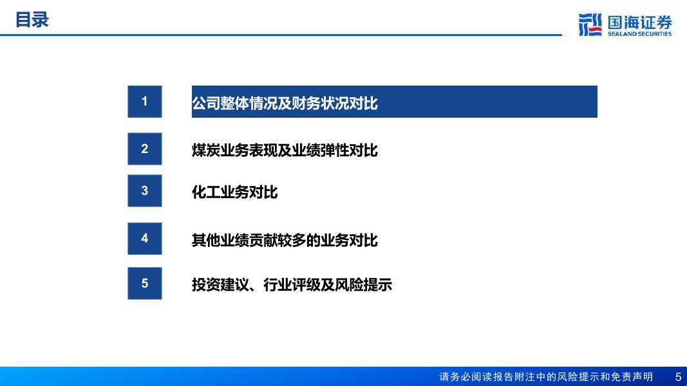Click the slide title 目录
(32, 20)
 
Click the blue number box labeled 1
(145, 102)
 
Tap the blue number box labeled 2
(145, 149)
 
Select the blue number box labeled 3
(145, 191)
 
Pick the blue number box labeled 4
(145, 239)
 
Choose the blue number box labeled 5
(145, 283)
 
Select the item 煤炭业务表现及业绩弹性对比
(285, 150)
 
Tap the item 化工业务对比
(235, 192)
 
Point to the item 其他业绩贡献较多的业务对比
(285, 240)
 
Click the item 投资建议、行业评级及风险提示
(292, 285)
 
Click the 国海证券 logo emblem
(590, 24)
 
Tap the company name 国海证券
(640, 22)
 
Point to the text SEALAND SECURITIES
(640, 33)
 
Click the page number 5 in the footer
(678, 377)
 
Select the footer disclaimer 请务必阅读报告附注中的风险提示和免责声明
(546, 377)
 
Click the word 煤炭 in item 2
(206, 150)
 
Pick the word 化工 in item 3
(206, 192)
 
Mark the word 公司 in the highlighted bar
(206, 104)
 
